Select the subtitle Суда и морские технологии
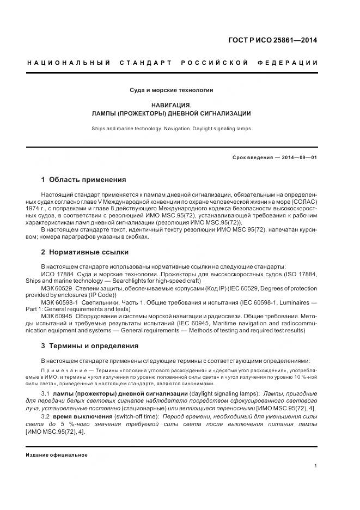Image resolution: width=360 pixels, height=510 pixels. point(171,90)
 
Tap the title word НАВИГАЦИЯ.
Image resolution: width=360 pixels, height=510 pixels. point(171,105)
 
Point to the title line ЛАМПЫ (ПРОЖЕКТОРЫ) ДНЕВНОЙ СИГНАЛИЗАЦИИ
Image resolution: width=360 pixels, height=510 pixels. point(171,113)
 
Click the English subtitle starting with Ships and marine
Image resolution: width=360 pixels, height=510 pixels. point(171,129)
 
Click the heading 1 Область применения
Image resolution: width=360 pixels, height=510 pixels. point(83,180)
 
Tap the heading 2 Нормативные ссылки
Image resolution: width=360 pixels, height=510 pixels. point(84,252)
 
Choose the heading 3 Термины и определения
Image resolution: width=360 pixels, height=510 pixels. point(89,346)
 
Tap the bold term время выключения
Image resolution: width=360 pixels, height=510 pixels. point(82,417)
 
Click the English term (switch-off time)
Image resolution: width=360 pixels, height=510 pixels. point(137,417)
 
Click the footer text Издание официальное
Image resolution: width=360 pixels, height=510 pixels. point(57,455)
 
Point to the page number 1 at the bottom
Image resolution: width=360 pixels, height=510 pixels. point(316,466)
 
